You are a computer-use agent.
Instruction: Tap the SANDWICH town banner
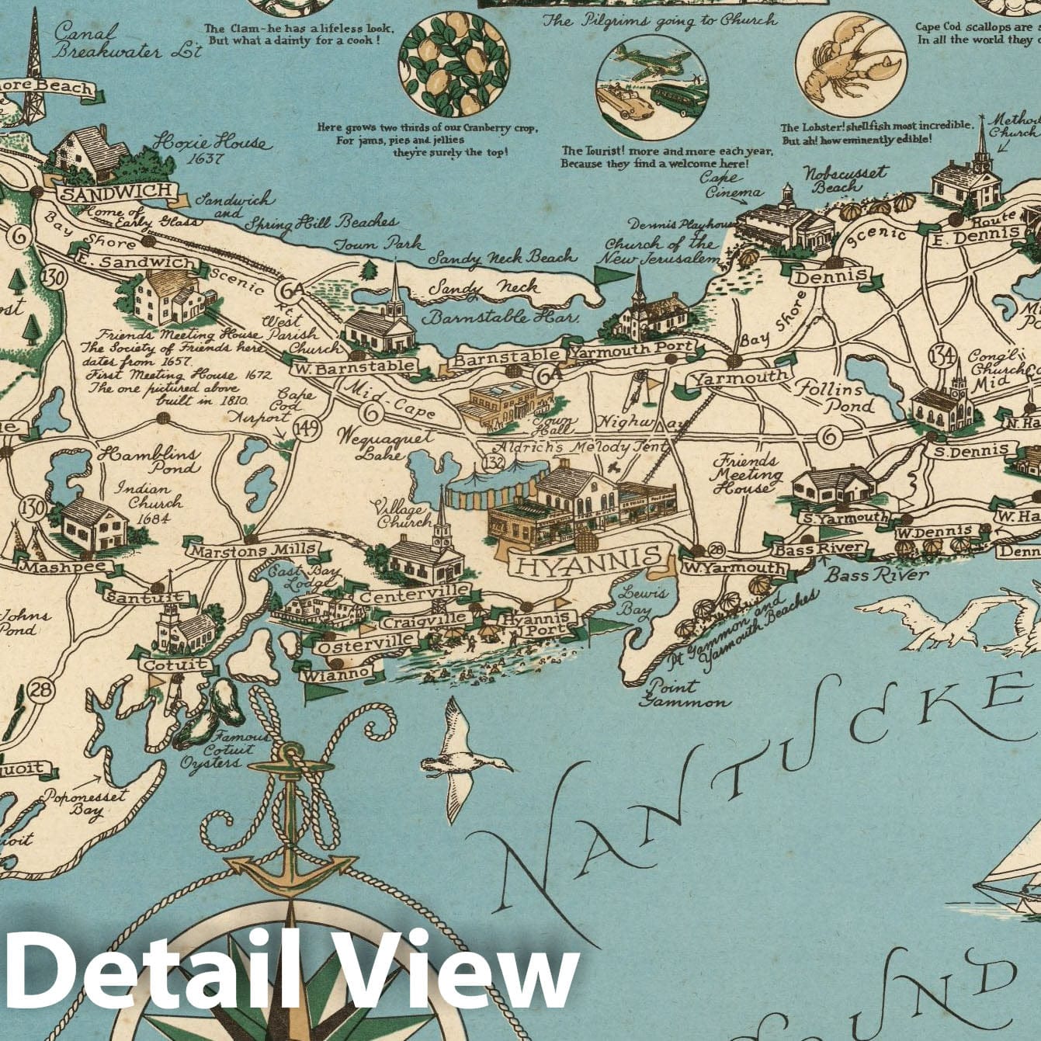click(x=116, y=192)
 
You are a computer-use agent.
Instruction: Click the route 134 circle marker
click(x=942, y=356)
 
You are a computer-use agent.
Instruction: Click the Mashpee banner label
click(x=54, y=567)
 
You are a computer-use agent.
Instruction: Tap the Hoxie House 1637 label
click(x=210, y=149)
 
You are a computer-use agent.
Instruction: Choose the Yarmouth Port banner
click(x=633, y=351)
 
